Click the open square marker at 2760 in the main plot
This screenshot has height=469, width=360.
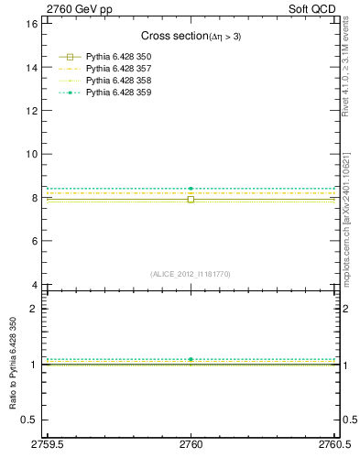click(x=191, y=199)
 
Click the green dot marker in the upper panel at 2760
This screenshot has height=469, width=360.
click(x=191, y=189)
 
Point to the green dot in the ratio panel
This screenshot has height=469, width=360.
click(x=191, y=359)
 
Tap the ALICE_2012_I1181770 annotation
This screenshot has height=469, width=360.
click(x=190, y=273)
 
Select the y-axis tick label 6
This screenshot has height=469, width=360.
click(x=33, y=241)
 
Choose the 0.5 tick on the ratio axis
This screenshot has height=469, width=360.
click(x=28, y=420)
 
